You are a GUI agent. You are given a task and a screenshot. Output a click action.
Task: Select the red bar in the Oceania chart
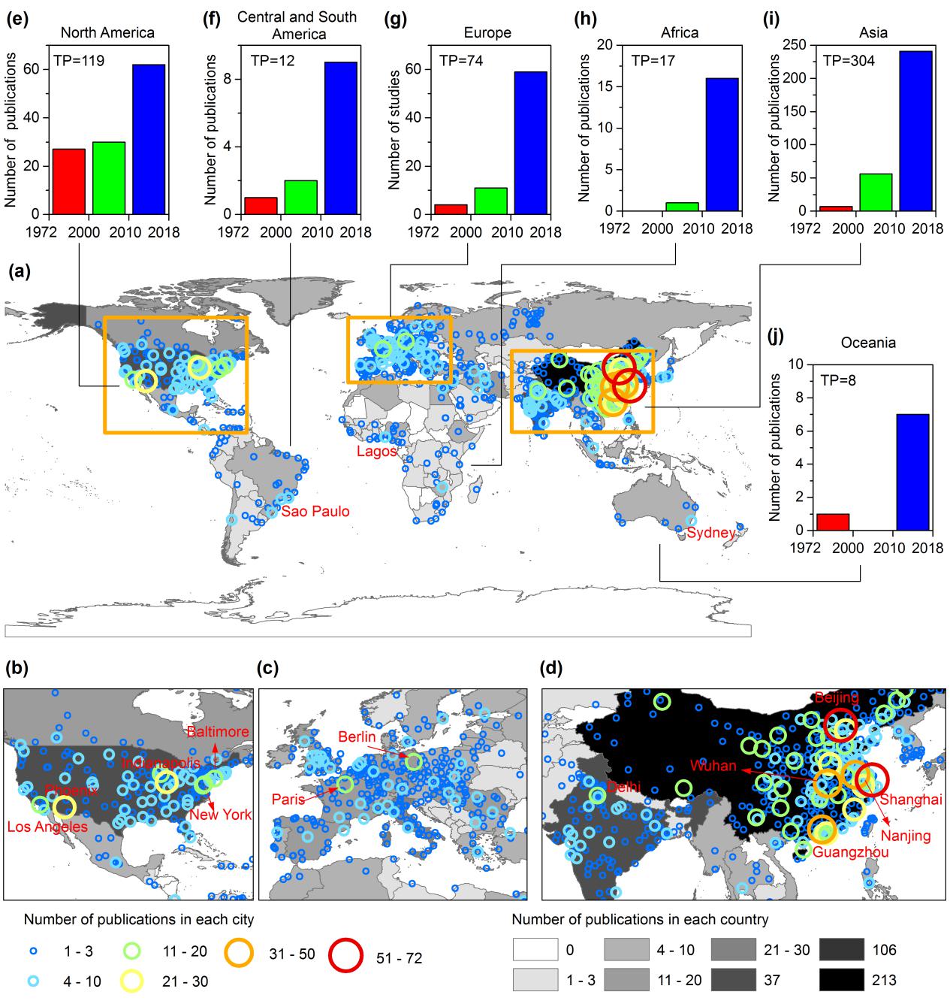(832, 522)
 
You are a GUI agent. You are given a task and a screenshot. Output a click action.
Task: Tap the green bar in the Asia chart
(875, 192)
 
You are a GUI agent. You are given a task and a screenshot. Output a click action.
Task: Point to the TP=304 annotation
(849, 60)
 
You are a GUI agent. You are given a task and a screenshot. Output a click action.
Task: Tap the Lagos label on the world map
(376, 452)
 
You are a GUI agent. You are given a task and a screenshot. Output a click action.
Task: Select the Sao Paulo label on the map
(315, 512)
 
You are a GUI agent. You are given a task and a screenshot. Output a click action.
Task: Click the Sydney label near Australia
(711, 533)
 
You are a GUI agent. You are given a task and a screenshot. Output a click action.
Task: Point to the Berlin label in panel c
(357, 737)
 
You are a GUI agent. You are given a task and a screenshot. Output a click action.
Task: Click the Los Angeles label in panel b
(47, 827)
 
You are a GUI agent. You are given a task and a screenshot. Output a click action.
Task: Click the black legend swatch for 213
(840, 980)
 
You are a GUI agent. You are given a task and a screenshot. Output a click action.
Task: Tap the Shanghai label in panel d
(909, 800)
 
